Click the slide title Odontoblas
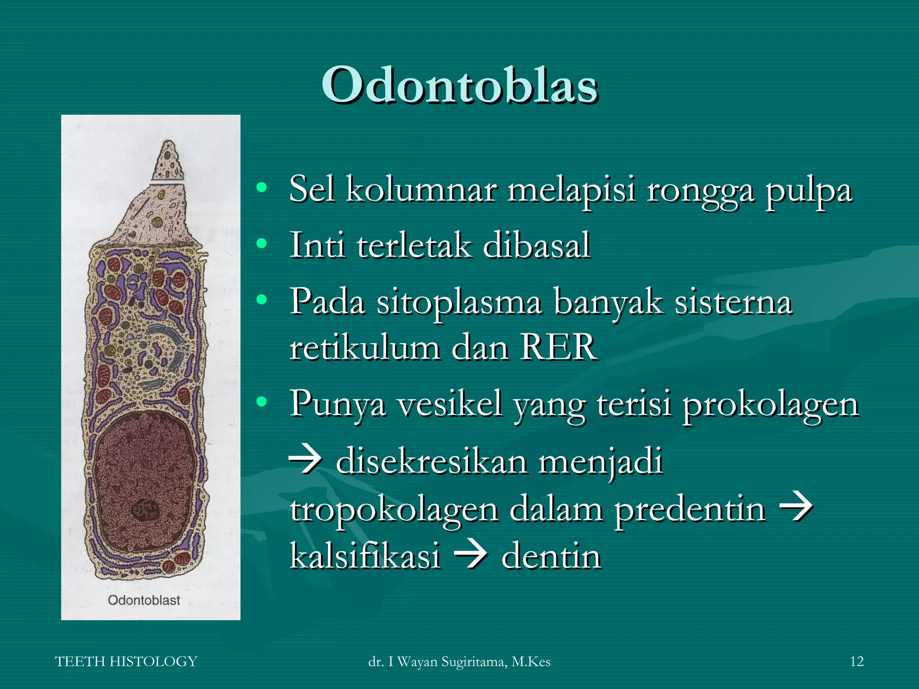[x=459, y=85]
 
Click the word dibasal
[x=537, y=245]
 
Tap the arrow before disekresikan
[x=306, y=461]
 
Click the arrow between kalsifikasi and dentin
[x=471, y=556]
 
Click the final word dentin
[x=551, y=556]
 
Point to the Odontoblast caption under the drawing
[x=144, y=600]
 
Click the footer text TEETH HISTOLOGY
[x=126, y=662]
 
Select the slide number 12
[x=857, y=662]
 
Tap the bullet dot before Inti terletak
[x=262, y=244]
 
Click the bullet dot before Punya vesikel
[x=262, y=402]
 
